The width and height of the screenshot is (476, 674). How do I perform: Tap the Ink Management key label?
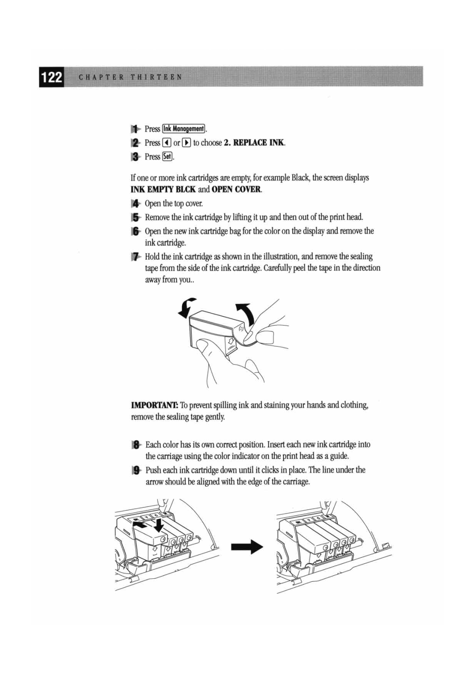(x=183, y=129)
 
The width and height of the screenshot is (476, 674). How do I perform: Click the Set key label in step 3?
(x=167, y=157)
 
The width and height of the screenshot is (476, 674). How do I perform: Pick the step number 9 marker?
(x=136, y=470)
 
